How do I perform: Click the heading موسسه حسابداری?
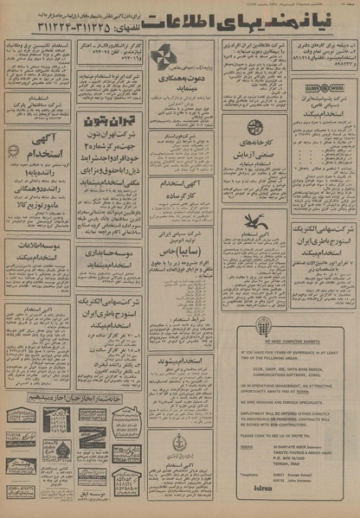[110, 253]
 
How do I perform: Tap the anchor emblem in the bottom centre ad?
[180, 441]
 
